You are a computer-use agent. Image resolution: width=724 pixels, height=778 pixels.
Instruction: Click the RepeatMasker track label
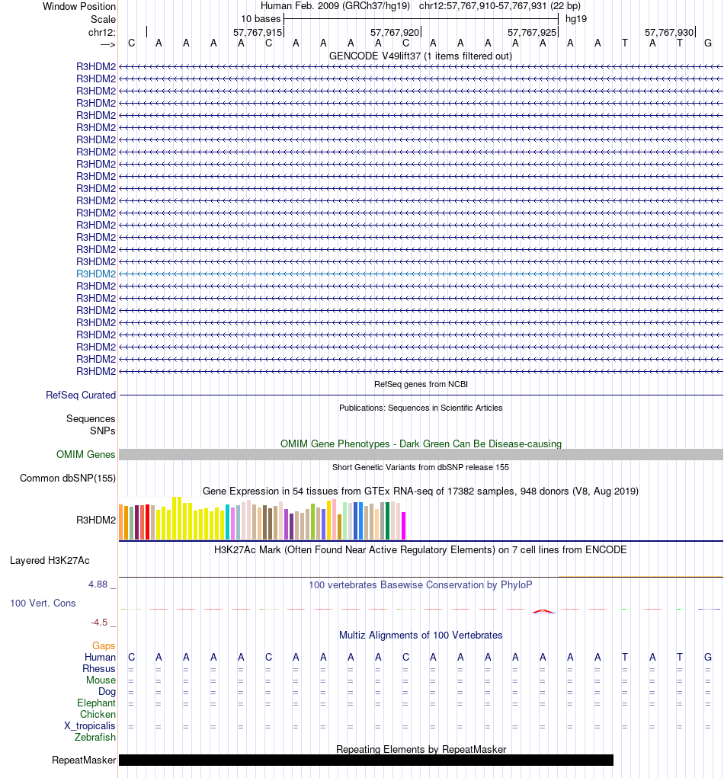tap(84, 760)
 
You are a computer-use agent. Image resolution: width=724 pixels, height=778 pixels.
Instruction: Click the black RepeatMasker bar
tap(366, 760)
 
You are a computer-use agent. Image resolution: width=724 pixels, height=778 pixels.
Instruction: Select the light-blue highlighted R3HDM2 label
tap(96, 274)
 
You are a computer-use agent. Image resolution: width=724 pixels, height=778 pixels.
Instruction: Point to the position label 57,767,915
tap(258, 32)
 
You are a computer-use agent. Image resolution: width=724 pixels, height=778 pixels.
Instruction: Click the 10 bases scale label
tap(261, 18)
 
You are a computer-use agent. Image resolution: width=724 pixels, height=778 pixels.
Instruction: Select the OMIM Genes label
tap(86, 455)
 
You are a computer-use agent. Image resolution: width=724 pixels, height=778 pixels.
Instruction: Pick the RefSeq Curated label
tap(81, 395)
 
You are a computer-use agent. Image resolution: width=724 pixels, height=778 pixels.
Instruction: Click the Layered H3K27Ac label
tap(50, 561)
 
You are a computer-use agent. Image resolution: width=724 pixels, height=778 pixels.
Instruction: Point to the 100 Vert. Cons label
tap(43, 604)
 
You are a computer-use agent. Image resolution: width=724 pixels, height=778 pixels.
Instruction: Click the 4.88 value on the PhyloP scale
tap(98, 584)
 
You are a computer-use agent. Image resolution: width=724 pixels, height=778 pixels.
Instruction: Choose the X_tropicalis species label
tap(90, 726)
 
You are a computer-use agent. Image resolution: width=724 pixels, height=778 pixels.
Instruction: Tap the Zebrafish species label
tap(95, 738)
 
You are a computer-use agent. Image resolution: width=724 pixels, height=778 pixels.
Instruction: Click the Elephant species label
tap(96, 703)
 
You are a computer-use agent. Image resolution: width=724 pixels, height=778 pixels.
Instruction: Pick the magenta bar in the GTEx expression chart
tap(404, 525)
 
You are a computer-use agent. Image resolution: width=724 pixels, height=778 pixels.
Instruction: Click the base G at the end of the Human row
tap(708, 658)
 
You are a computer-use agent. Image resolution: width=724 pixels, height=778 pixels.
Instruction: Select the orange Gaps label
tap(104, 646)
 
